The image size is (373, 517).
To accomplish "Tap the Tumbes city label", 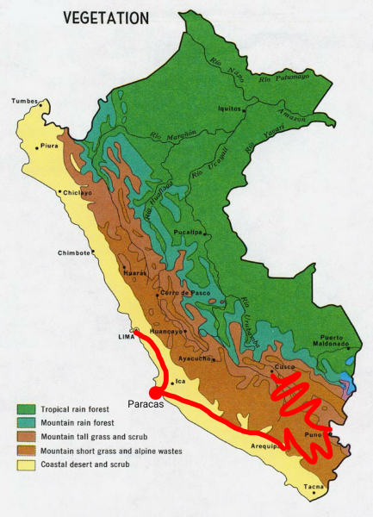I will point(25,101).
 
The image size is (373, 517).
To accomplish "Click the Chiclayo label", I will point(76,194).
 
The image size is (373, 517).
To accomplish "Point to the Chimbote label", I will point(74,252).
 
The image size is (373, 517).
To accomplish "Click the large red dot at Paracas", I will point(157,393).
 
